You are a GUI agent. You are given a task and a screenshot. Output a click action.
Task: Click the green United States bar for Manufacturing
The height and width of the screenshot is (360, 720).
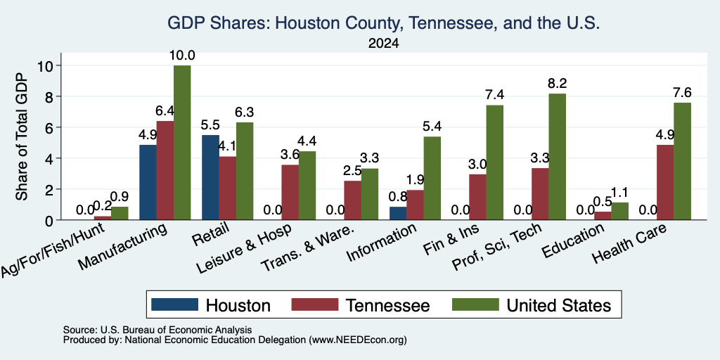182,142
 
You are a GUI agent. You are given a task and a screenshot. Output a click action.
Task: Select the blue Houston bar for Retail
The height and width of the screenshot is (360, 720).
211,177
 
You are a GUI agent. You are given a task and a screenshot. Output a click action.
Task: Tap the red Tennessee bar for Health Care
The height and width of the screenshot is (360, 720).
665,182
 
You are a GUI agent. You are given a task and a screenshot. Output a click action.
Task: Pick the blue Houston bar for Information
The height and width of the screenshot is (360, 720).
398,213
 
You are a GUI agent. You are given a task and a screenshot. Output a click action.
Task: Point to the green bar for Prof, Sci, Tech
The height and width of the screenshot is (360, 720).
558,157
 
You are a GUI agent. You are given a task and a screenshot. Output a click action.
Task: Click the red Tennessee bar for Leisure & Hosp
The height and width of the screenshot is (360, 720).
290,192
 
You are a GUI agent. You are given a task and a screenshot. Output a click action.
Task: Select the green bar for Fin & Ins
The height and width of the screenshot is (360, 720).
495,162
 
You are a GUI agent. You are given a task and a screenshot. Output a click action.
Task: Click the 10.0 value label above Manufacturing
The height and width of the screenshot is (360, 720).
182,56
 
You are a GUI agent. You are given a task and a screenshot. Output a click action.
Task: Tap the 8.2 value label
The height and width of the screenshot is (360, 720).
558,84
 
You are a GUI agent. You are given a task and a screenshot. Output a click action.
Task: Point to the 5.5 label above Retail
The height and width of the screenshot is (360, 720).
210,125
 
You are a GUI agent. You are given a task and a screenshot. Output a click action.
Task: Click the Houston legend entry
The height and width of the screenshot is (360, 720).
211,305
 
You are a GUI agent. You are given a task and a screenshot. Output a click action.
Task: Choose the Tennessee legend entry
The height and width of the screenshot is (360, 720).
361,305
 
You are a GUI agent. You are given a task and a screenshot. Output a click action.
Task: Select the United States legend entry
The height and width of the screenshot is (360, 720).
532,305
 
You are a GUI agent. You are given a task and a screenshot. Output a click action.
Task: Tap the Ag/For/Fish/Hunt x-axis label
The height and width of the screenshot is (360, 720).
54,250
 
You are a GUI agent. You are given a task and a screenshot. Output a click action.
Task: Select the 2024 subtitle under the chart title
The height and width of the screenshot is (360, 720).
383,44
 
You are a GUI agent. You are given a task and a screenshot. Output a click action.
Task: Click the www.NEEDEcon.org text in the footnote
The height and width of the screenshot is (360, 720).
358,340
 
